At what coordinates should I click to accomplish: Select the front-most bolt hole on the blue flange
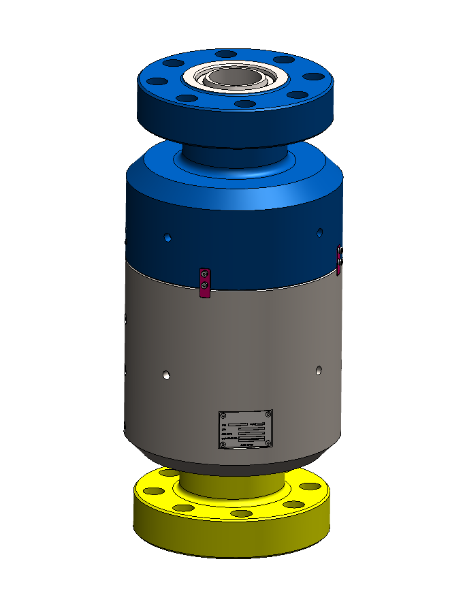point(244,104)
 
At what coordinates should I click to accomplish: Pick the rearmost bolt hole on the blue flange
point(225,54)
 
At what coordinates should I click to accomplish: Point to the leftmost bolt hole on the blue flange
point(157,82)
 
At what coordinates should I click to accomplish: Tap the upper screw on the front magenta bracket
point(203,274)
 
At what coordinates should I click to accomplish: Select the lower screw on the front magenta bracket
point(203,285)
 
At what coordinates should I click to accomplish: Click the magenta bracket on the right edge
point(340,257)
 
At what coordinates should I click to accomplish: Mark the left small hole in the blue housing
point(167,238)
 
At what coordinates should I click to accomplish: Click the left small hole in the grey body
point(167,375)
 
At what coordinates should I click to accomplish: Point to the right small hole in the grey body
point(319,370)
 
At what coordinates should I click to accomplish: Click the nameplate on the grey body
point(245,430)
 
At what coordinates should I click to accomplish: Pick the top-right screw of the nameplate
point(268,413)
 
